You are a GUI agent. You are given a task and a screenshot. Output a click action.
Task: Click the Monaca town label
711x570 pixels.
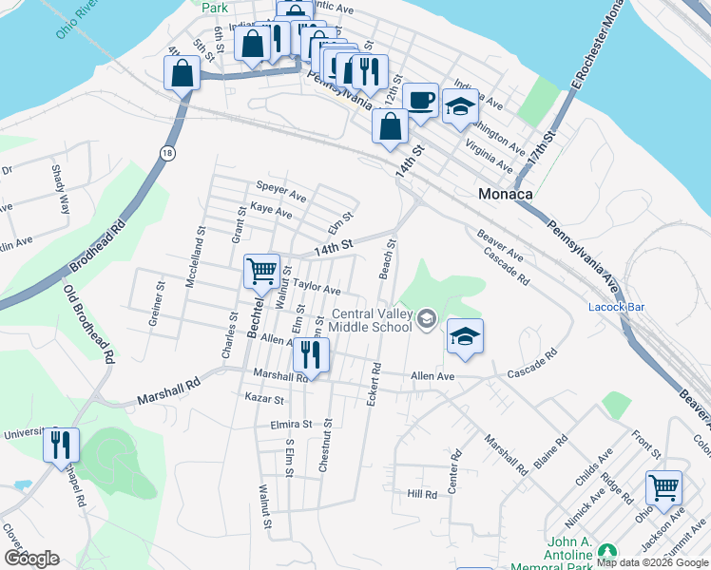pos(504,193)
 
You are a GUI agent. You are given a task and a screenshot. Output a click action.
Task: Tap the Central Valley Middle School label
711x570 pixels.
pos(371,321)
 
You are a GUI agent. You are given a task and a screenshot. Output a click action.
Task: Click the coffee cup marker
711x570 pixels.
pos(419,100)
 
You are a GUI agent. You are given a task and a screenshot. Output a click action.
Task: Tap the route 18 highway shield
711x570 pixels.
pos(168,153)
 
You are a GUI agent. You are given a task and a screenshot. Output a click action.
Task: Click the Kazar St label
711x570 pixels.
pos(264,398)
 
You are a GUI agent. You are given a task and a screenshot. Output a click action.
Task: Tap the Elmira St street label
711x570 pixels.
pos(291,424)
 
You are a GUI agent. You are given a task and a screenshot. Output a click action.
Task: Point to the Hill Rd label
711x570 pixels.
pos(421,494)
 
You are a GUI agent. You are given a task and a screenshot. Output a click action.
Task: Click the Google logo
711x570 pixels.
pos(31,559)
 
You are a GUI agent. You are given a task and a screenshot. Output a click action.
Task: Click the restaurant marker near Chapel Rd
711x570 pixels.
pos(61,444)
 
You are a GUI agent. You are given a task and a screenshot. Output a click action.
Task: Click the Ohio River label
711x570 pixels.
pos(76,19)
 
